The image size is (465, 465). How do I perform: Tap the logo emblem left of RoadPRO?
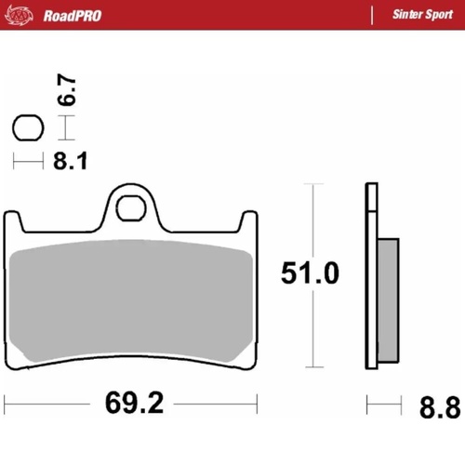[23, 15]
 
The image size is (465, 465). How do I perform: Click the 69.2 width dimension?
[129, 405]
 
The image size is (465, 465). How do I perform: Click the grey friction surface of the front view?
[129, 298]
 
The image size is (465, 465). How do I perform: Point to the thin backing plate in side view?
[370, 279]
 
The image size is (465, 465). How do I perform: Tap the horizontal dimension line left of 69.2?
[46, 405]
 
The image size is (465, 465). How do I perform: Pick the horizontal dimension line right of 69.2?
[214, 405]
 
